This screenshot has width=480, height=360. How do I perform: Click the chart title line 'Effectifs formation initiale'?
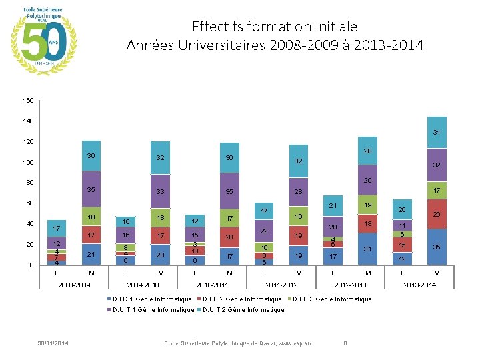[x=274, y=27]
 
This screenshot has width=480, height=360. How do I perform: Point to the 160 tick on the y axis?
[x=27, y=101]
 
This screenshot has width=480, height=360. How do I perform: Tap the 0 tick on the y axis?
[x=31, y=265]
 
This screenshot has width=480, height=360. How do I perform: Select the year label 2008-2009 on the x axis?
[x=73, y=285]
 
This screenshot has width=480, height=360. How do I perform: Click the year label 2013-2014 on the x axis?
[x=419, y=285]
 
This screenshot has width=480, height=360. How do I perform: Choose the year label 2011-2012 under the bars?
[x=281, y=285]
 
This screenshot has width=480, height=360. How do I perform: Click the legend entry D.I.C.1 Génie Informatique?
[x=152, y=299]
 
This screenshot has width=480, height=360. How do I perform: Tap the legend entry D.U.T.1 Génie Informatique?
[x=152, y=309]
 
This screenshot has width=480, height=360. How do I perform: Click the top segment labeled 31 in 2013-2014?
[x=436, y=133]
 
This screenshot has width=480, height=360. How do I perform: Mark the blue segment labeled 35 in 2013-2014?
[x=436, y=247]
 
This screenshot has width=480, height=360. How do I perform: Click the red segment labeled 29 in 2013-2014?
[x=436, y=214]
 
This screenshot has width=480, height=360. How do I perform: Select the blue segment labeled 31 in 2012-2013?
[x=367, y=249]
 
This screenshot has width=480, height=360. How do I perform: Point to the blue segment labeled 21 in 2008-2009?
[x=91, y=255]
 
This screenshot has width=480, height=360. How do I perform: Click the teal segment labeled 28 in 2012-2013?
[x=367, y=153]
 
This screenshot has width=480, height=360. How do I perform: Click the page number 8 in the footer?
[x=345, y=343]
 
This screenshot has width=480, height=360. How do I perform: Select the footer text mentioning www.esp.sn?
[x=237, y=343]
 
